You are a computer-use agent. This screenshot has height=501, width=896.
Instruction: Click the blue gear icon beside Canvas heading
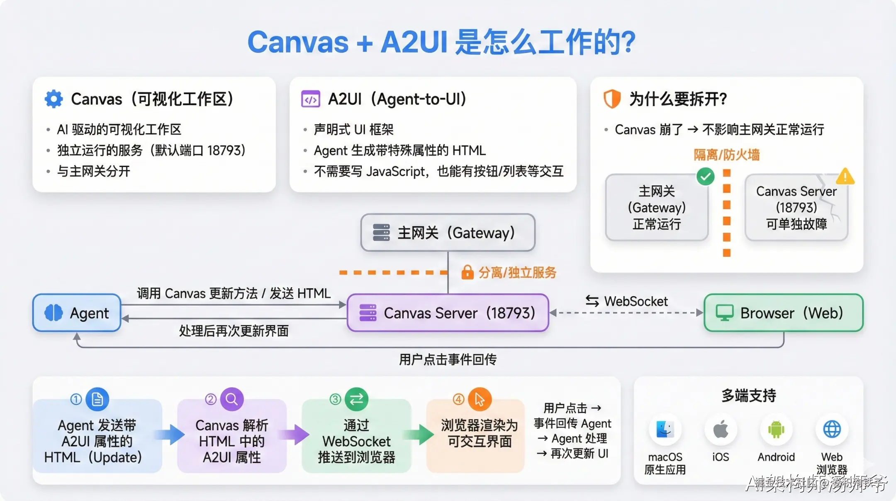point(54,99)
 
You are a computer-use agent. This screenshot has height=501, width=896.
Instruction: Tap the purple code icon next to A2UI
point(310,99)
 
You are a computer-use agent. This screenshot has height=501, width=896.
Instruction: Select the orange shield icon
point(612,99)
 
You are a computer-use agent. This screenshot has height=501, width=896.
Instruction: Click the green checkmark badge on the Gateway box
point(705,177)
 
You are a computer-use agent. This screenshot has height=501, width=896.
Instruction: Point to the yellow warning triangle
point(845,177)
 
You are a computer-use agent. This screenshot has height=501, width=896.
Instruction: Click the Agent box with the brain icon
point(77,313)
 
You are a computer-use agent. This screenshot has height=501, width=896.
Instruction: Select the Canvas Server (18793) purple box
point(448,313)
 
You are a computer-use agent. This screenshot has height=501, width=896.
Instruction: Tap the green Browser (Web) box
point(783,313)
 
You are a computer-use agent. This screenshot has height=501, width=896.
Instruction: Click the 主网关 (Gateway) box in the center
point(448,233)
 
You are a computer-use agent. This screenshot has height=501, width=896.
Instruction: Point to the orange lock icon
point(467,273)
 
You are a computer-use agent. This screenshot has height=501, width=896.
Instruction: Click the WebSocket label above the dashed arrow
point(635,301)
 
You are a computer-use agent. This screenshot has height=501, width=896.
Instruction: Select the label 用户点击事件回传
point(448,359)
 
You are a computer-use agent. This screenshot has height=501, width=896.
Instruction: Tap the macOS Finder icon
point(665,430)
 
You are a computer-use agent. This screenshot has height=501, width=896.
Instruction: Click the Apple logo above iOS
point(721,429)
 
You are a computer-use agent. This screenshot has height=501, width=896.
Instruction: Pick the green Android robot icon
point(776,430)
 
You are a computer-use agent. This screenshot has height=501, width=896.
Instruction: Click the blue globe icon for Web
point(832,430)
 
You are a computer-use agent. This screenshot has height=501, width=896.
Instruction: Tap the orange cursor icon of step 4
point(480,399)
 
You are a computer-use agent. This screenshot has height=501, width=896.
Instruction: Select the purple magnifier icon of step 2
point(231,399)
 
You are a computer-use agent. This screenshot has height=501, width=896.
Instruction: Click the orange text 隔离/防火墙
point(727,155)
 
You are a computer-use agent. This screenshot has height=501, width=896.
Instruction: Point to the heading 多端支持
point(749,395)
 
